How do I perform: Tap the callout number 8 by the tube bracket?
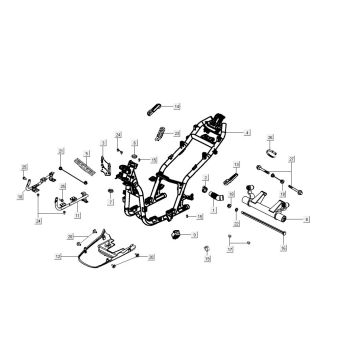pyautogui.click(x=307, y=218)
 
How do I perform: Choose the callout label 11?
pyautogui.click(x=78, y=214)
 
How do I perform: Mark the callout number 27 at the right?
pyautogui.click(x=291, y=159)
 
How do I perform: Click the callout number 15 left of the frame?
pyautogui.click(x=153, y=160)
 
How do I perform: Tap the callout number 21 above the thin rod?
pyautogui.click(x=61, y=150)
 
